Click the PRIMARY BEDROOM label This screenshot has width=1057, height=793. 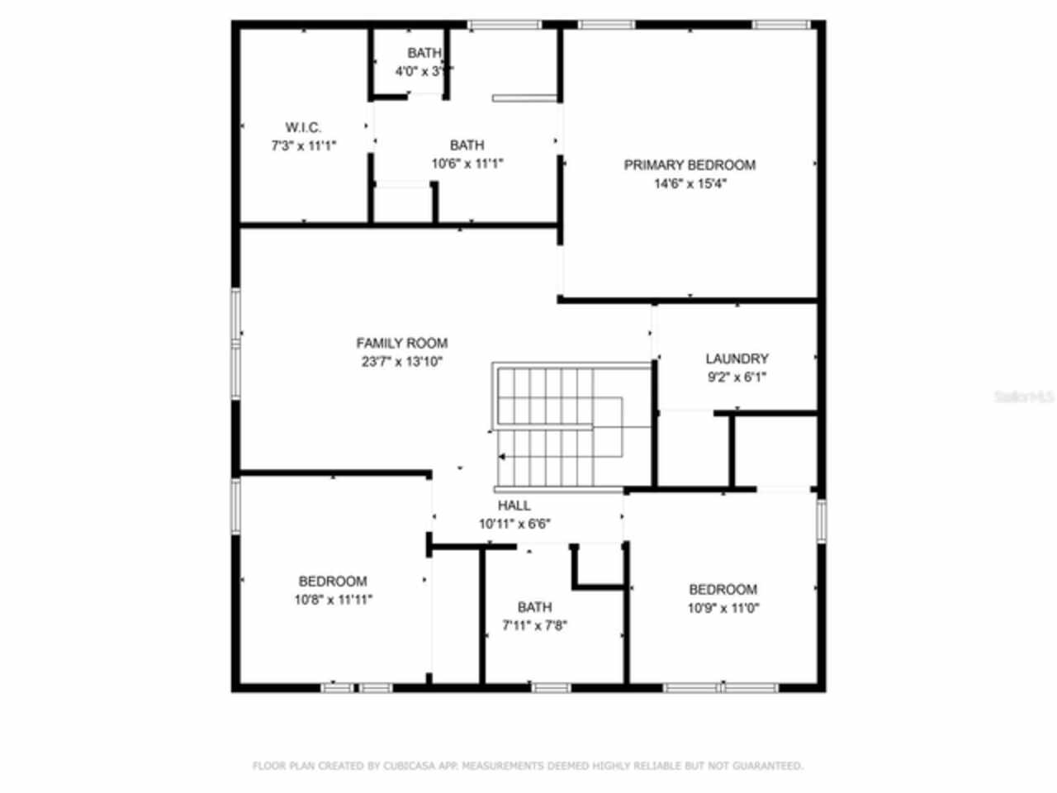click(x=690, y=165)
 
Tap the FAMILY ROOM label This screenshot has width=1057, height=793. click(x=402, y=343)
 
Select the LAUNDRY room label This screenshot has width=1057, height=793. click(x=737, y=359)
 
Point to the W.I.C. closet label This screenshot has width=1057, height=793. click(x=303, y=127)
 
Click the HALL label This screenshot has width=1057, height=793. click(x=514, y=506)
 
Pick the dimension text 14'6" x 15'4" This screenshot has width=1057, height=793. click(x=690, y=183)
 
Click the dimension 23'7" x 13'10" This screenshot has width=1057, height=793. click(x=402, y=362)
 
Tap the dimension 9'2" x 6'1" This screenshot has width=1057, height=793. click(x=737, y=378)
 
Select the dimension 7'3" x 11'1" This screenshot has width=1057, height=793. click(x=303, y=146)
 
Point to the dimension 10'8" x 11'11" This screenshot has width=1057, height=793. click(x=333, y=600)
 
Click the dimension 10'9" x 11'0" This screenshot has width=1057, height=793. click(x=723, y=608)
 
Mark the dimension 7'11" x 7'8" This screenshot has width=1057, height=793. click(x=534, y=625)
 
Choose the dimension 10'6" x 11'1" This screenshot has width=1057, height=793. click(x=467, y=164)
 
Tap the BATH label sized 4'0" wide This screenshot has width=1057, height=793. click(x=424, y=53)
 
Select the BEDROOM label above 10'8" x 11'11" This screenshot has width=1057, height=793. click(x=333, y=581)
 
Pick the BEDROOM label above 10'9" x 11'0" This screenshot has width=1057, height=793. click(x=723, y=589)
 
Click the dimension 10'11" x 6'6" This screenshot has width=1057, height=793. click(x=514, y=524)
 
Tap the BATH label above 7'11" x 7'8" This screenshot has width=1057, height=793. click(x=534, y=607)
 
